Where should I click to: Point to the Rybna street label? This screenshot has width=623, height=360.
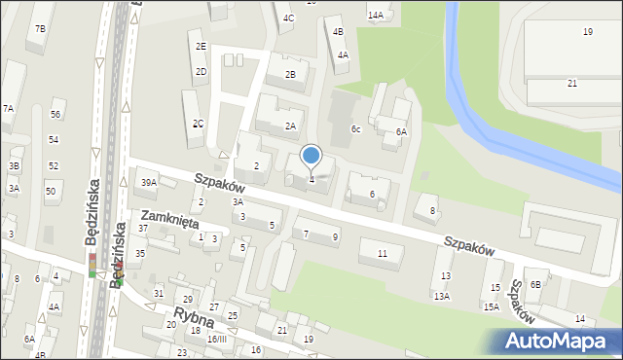[193, 317]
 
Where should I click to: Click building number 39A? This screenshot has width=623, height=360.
[149, 182]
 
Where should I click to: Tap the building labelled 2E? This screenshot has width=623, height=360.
[201, 46]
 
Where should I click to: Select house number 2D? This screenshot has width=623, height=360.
[201, 71]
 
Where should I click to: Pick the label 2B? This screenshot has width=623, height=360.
[290, 75]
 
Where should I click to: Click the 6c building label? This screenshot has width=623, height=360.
[356, 129]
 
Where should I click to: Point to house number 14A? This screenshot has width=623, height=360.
[375, 16]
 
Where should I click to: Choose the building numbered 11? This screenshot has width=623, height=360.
[383, 253]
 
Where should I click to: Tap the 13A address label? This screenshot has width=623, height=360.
[442, 296]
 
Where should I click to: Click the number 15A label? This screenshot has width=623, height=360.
[492, 306]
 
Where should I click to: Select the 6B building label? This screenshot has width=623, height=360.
[534, 284]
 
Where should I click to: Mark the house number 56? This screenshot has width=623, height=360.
[55, 115]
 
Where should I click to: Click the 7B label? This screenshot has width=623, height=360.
[40, 29]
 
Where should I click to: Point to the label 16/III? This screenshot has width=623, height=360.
[216, 339]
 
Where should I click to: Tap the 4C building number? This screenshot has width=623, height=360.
[288, 18]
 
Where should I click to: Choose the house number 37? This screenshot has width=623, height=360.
[142, 229]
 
